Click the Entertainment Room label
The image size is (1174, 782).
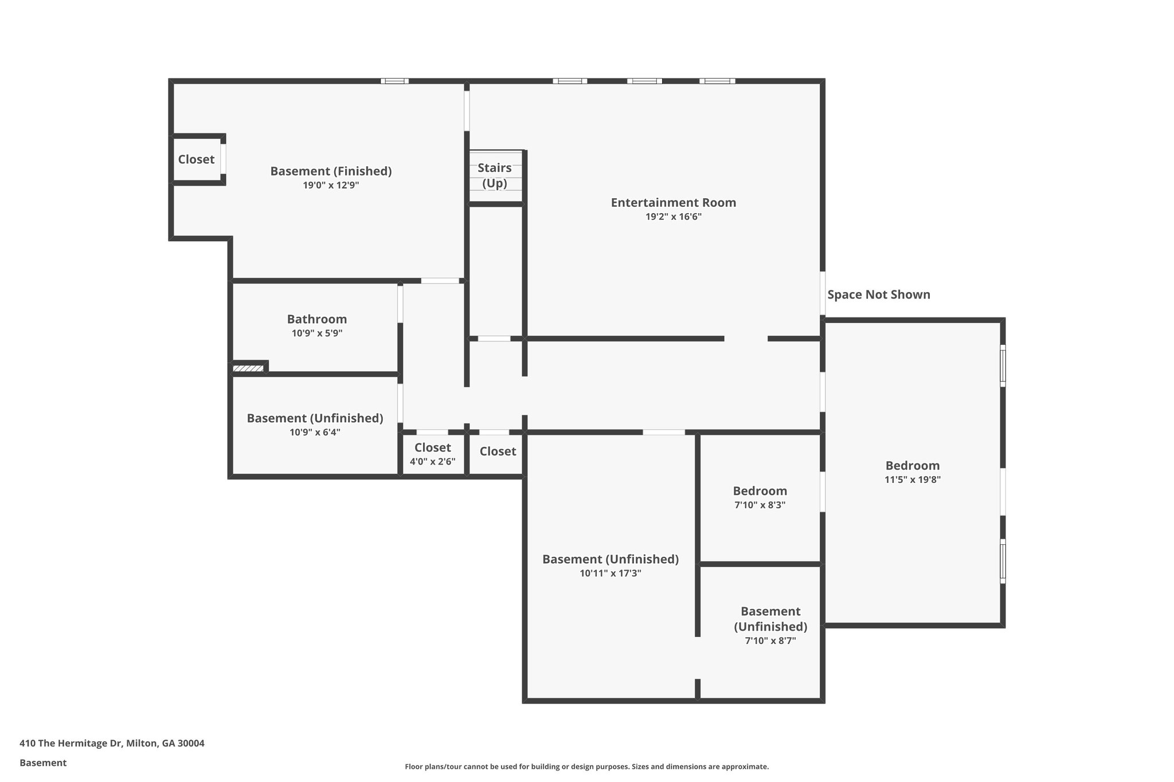click(673, 203)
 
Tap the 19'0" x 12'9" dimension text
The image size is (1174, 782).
click(331, 186)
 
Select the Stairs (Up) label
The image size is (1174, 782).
click(494, 175)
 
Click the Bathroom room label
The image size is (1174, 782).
click(316, 319)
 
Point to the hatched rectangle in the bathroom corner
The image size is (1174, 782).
click(248, 368)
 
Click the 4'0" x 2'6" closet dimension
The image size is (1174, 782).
click(432, 462)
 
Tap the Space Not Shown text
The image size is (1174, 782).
click(878, 294)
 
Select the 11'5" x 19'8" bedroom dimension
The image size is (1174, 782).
click(912, 480)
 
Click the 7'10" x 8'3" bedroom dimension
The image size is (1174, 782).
click(760, 505)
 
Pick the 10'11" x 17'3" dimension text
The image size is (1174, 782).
click(610, 573)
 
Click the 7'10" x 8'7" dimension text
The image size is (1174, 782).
click(770, 641)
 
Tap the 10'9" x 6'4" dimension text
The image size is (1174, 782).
click(315, 433)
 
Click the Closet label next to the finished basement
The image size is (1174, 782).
click(196, 160)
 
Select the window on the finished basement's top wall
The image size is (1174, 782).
click(394, 81)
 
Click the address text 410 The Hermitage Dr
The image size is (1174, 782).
click(112, 743)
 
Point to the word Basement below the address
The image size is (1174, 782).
click(43, 763)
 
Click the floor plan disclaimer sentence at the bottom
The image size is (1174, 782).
click(586, 767)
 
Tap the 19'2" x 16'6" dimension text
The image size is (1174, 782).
click(673, 217)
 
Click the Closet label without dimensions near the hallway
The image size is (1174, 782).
click(498, 451)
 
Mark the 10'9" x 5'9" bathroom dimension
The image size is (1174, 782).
click(316, 333)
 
